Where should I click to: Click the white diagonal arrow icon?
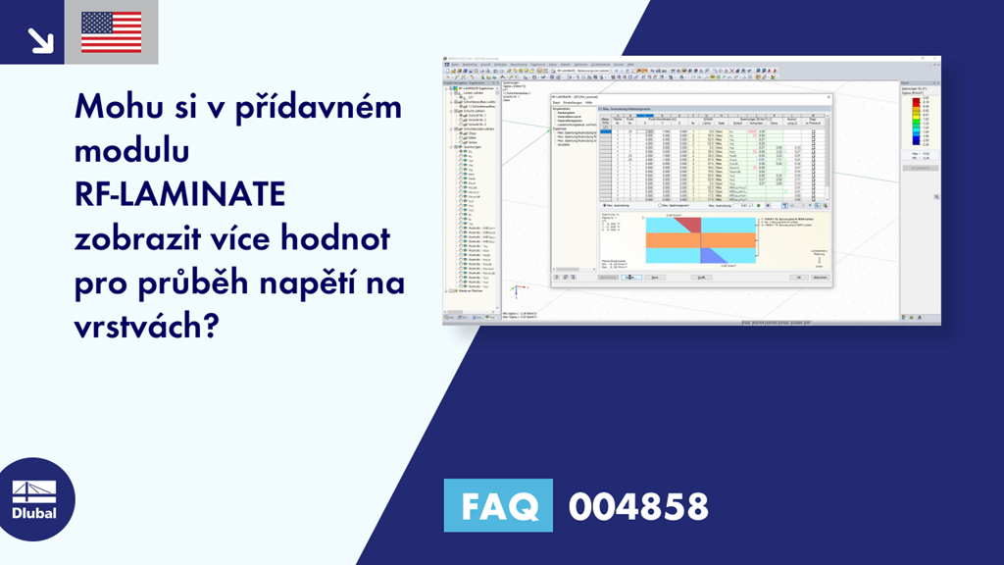point(39,39)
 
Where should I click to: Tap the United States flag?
point(111,32)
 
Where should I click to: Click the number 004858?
point(638,506)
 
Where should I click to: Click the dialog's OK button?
point(799,278)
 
